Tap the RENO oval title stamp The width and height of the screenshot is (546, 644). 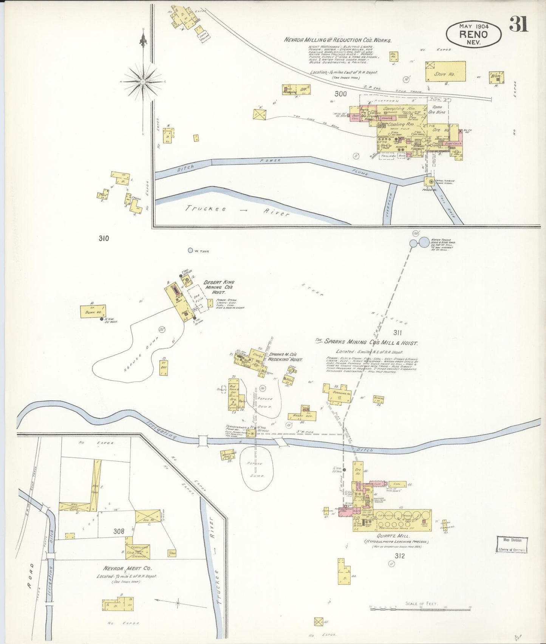click(473, 34)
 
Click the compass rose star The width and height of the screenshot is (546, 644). click(143, 81)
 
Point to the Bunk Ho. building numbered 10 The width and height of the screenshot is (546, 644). click(93, 311)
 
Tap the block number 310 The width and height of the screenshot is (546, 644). click(104, 238)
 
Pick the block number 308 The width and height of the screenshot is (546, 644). click(119, 531)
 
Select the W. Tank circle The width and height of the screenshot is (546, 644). click(190, 250)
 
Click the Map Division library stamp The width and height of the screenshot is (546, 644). click(512, 545)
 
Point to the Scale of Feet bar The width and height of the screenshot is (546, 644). click(421, 608)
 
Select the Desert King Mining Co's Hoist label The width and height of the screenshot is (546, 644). click(219, 287)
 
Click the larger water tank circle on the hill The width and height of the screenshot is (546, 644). click(424, 242)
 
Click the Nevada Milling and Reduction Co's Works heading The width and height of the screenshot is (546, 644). click(337, 40)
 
